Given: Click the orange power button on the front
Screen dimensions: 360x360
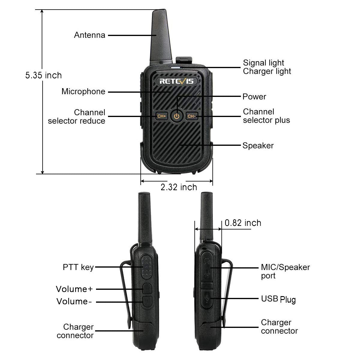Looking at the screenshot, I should pyautogui.click(x=177, y=116).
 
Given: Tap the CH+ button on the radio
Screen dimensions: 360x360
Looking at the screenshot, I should pyautogui.click(x=161, y=116).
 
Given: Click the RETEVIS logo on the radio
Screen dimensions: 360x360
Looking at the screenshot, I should pyautogui.click(x=176, y=81).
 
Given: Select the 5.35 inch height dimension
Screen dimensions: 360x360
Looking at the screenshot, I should pyautogui.click(x=43, y=75).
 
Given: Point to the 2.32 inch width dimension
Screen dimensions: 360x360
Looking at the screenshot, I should pyautogui.click(x=179, y=187).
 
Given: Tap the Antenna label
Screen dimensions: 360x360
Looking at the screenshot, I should pyautogui.click(x=89, y=35).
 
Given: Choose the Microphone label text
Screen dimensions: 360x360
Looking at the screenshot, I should pyautogui.click(x=83, y=91).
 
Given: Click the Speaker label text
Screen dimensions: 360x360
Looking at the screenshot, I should pyautogui.click(x=258, y=146).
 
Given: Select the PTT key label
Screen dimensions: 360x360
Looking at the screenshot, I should pyautogui.click(x=78, y=267).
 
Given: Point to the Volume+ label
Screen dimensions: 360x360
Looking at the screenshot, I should pyautogui.click(x=74, y=289).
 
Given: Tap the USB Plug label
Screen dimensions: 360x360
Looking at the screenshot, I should pyautogui.click(x=278, y=299).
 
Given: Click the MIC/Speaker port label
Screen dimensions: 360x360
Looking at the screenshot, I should pyautogui.click(x=285, y=271).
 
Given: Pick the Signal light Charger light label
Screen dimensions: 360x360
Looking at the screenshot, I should pyautogui.click(x=267, y=67).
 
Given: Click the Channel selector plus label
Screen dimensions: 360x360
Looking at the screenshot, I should pyautogui.click(x=266, y=116).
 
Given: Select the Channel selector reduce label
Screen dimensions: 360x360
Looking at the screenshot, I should pyautogui.click(x=77, y=117).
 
